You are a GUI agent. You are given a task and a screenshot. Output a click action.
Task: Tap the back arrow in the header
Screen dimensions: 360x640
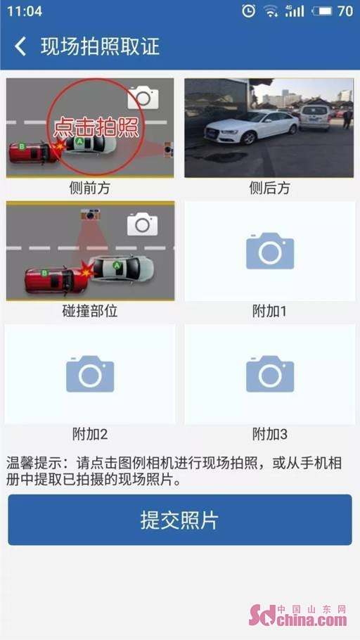pyautogui.click(x=20, y=46)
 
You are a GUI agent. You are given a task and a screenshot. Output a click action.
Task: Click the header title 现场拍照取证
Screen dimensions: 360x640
pyautogui.click(x=100, y=46)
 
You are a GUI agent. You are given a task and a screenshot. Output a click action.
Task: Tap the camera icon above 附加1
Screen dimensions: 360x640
pyautogui.click(x=270, y=250)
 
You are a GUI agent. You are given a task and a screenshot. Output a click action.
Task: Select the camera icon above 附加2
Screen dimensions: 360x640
pyautogui.click(x=90, y=373)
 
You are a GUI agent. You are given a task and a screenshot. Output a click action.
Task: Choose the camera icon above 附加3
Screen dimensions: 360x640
pyautogui.click(x=270, y=373)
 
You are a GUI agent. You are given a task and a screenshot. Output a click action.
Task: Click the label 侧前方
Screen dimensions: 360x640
pyautogui.click(x=90, y=188)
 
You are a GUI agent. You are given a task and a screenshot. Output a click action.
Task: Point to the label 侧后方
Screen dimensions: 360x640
pyautogui.click(x=270, y=188)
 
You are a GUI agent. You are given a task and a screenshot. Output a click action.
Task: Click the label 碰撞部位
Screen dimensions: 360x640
pyautogui.click(x=90, y=312)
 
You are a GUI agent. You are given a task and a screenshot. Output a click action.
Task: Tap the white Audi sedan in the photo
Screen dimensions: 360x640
pyautogui.click(x=252, y=126)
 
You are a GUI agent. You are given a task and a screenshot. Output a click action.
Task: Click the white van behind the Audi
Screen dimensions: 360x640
pyautogui.click(x=315, y=117)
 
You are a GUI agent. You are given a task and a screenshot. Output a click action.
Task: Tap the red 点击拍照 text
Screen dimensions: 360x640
pyautogui.click(x=96, y=127)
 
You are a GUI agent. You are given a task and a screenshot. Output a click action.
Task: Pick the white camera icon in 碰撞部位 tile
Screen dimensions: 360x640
pyautogui.click(x=142, y=224)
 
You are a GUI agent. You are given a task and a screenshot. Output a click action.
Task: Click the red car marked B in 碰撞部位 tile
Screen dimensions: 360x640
pyautogui.click(x=56, y=279)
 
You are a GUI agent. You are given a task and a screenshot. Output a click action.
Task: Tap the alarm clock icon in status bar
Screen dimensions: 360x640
pyautogui.click(x=248, y=11)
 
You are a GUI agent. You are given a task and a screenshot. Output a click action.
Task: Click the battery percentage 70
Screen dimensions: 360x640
pyautogui.click(x=345, y=11)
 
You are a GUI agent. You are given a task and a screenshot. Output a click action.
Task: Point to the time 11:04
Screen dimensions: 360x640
pyautogui.click(x=25, y=11)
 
